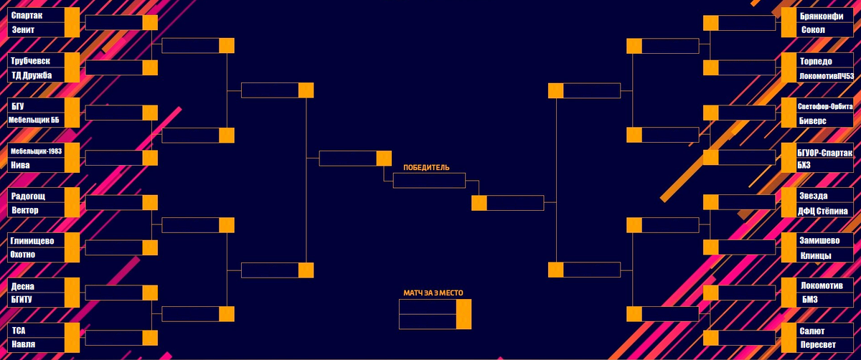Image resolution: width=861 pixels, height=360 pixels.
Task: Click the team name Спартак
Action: (x=28, y=15)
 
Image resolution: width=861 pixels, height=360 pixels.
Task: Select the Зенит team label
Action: (x=24, y=30)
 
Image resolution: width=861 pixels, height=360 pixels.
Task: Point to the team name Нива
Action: (x=22, y=165)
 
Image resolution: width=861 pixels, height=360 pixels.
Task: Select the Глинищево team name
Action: (x=33, y=240)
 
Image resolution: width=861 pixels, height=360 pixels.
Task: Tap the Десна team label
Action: (x=24, y=285)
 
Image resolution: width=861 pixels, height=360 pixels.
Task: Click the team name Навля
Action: (x=24, y=345)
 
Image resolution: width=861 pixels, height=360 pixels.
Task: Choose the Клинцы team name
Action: (x=816, y=255)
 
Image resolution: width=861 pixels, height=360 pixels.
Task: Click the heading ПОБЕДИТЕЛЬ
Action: (x=426, y=167)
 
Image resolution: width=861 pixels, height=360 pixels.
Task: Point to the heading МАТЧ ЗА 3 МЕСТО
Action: (x=433, y=293)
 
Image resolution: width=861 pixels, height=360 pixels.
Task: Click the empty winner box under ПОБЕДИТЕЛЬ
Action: (x=430, y=181)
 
